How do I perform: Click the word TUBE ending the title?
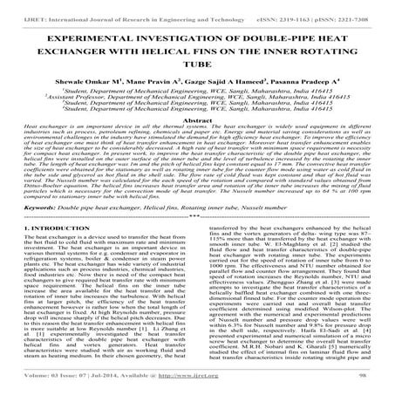coord(197,55)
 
